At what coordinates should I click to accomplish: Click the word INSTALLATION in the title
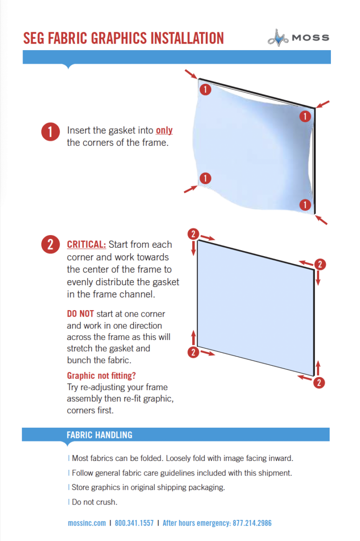(x=180, y=38)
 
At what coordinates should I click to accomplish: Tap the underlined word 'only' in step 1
(x=164, y=130)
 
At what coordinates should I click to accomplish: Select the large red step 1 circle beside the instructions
(x=50, y=132)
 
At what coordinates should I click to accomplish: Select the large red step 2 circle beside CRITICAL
(x=50, y=245)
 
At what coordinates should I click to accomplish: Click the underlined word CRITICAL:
(x=87, y=245)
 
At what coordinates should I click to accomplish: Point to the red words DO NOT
(x=80, y=314)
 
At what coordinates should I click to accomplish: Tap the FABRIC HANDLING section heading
(x=99, y=435)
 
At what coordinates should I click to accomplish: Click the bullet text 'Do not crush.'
(x=94, y=502)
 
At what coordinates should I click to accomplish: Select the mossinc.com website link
(x=87, y=523)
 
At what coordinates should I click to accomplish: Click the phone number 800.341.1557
(x=134, y=523)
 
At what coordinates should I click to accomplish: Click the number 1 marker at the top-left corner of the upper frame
(x=205, y=89)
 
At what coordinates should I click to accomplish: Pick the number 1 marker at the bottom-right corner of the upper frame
(x=305, y=204)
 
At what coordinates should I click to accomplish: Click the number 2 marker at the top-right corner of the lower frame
(x=319, y=264)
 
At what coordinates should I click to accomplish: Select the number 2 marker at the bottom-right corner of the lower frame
(x=318, y=383)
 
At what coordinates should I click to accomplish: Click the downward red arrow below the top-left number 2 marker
(x=193, y=249)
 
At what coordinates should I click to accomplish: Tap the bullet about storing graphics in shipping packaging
(x=148, y=487)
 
